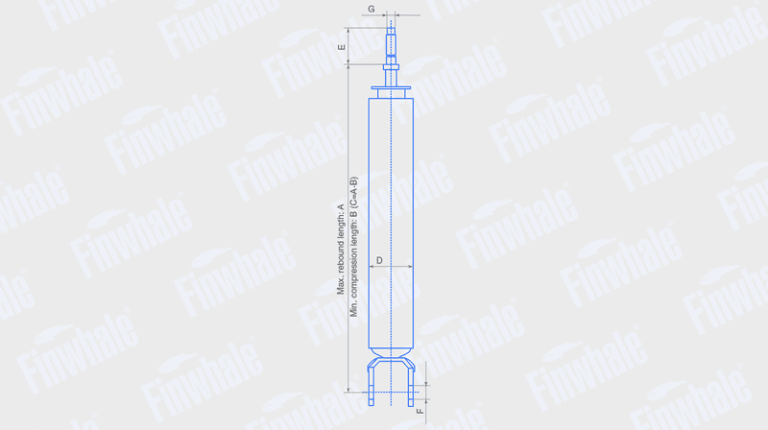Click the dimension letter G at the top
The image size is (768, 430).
tap(372, 9)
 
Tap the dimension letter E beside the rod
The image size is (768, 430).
tap(342, 47)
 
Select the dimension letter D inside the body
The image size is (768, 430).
tap(379, 260)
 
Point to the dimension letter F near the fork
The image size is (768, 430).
tap(420, 411)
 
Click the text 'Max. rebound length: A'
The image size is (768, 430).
tap(341, 250)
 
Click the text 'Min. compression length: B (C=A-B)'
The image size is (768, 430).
tap(353, 247)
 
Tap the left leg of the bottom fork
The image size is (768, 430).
tap(371, 386)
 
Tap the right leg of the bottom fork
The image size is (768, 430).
tap(412, 386)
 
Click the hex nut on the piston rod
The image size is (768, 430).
tap(391, 67)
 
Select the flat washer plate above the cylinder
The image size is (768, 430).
tap(391, 88)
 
